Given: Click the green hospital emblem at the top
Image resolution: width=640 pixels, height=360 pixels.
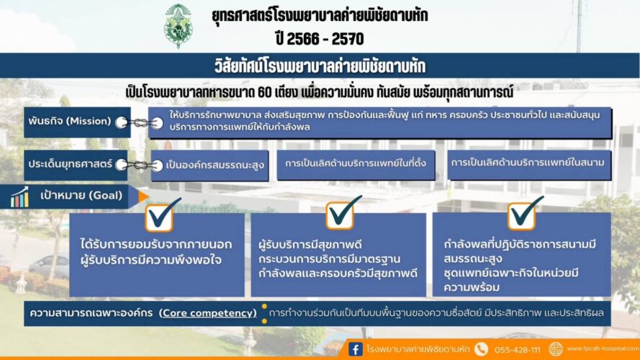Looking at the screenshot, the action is pos(178,26).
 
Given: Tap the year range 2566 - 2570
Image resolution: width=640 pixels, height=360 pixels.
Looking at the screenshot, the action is pos(320,39).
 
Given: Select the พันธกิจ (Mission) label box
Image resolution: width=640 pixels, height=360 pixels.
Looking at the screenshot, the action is pos(77,122).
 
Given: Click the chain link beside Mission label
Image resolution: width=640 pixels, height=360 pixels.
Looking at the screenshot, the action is pos(140,122).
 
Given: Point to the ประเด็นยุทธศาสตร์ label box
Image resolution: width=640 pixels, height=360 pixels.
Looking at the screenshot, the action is pos(76,165).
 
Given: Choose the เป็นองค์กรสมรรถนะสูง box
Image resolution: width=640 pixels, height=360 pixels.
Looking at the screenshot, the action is pos(209,166).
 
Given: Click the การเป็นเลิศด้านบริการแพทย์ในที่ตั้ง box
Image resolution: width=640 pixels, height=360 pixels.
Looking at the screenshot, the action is pos(356,164).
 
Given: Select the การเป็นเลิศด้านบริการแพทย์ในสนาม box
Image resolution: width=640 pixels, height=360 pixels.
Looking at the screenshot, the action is pos(529,164).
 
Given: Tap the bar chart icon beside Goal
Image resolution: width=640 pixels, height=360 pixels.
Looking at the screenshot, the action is pos(20,197).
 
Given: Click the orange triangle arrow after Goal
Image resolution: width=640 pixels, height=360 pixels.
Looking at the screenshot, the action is pos(143,197).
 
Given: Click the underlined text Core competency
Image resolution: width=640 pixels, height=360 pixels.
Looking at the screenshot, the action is pos(209,313).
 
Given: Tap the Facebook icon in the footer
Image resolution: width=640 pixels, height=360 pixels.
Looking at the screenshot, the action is pos(356,349).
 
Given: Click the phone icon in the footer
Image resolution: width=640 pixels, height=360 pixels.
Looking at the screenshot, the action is pos(481,349).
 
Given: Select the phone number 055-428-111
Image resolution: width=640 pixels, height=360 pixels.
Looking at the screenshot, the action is pos(517,350).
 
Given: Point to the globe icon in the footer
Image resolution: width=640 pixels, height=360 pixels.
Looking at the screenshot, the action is pos(556,349).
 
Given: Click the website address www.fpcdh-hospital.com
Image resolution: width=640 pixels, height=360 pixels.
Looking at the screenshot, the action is pos(603,348).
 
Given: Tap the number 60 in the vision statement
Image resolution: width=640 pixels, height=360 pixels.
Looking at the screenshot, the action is pos(265,93).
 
